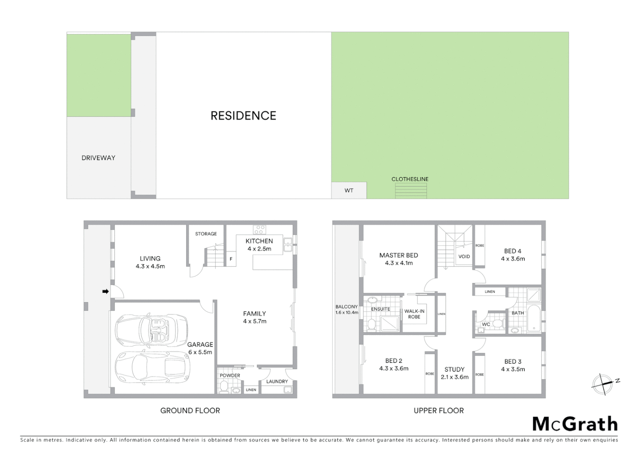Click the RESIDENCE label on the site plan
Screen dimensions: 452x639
tap(243, 116)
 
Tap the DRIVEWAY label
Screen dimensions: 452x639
tap(98, 158)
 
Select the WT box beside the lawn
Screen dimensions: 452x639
tap(349, 190)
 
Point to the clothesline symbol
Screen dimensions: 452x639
tap(411, 190)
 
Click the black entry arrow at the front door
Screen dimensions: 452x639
tap(105, 291)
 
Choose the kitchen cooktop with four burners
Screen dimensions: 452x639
tap(259, 229)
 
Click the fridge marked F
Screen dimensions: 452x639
tap(231, 259)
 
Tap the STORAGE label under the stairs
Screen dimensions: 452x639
tap(206, 234)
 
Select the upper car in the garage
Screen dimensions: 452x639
tap(151, 329)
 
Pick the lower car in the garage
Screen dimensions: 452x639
tap(152, 367)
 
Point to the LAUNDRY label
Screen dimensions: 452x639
tap(277, 381)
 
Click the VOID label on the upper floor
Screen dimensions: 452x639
tap(464, 257)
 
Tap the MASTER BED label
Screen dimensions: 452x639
tap(399, 255)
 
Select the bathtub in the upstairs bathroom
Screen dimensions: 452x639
tap(534, 319)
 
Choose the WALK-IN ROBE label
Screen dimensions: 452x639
tap(414, 314)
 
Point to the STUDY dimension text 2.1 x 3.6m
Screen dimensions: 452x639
tap(455, 377)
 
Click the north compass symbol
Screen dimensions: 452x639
tap(603, 384)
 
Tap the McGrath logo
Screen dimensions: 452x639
tap(575, 424)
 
